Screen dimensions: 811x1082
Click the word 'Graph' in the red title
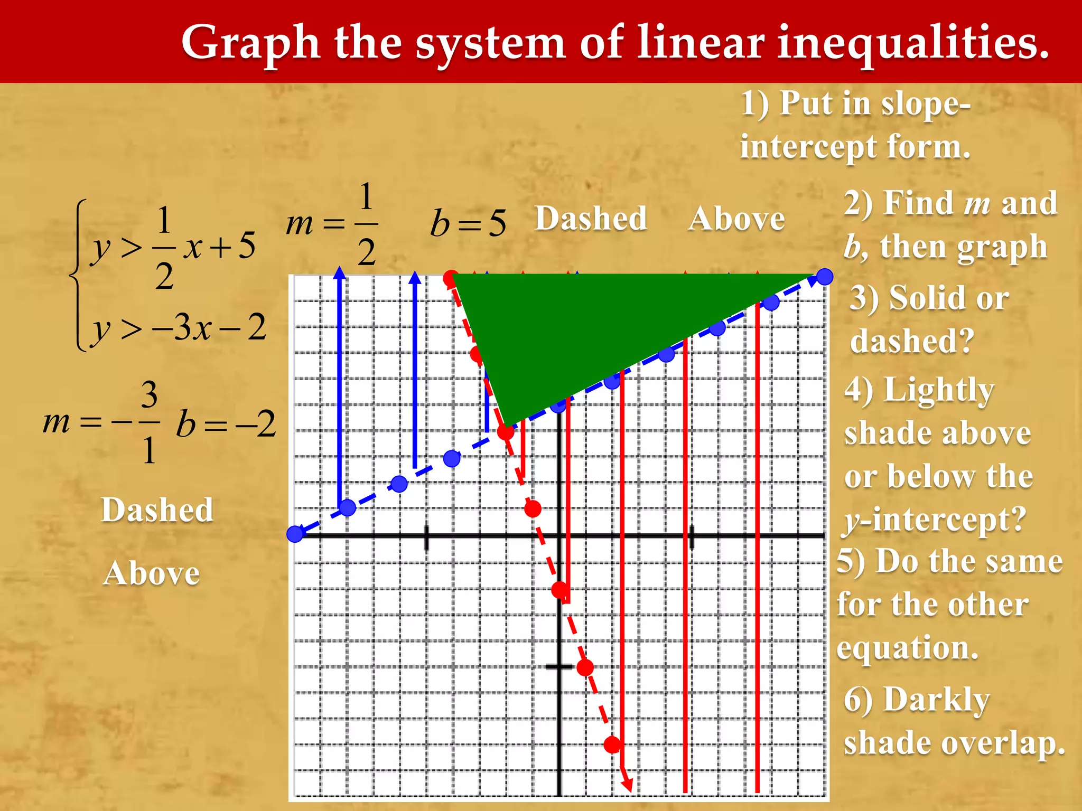[x=250, y=43]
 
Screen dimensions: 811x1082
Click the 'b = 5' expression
[x=468, y=223]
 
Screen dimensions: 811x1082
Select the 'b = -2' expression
[x=226, y=424]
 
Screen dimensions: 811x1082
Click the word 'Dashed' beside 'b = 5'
[x=591, y=219]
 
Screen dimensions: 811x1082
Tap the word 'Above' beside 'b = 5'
[x=736, y=219]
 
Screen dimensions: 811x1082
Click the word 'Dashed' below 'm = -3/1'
[x=157, y=510]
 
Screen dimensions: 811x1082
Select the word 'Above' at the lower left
[x=152, y=573]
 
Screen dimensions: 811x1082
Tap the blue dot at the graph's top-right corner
[x=825, y=276]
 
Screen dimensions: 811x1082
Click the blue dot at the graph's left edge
[x=295, y=534]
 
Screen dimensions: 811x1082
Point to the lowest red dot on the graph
[x=612, y=744]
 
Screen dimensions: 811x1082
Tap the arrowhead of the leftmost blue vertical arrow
[x=340, y=273]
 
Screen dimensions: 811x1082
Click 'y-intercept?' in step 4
[x=934, y=520]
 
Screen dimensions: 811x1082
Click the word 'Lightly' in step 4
[x=939, y=391]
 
